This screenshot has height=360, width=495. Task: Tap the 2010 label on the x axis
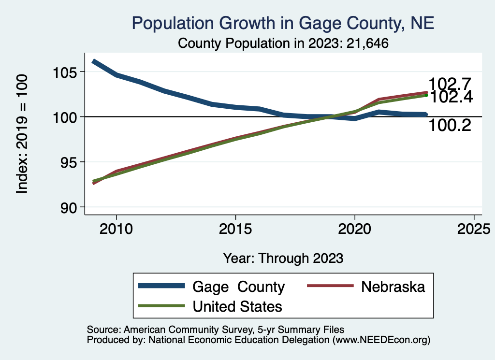click(116, 228)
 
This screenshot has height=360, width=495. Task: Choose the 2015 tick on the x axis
click(235, 228)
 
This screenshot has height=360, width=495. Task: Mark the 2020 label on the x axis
click(355, 228)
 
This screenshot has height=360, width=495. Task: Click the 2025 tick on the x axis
click(474, 228)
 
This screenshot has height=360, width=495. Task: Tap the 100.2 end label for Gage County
click(450, 126)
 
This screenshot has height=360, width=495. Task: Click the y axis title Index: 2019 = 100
click(22, 134)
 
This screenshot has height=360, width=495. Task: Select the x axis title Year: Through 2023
click(283, 258)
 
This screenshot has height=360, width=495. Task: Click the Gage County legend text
click(239, 287)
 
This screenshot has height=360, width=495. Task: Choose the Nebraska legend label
click(393, 287)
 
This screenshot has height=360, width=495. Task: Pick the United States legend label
click(237, 306)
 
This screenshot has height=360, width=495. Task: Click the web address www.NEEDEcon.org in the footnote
click(380, 340)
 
